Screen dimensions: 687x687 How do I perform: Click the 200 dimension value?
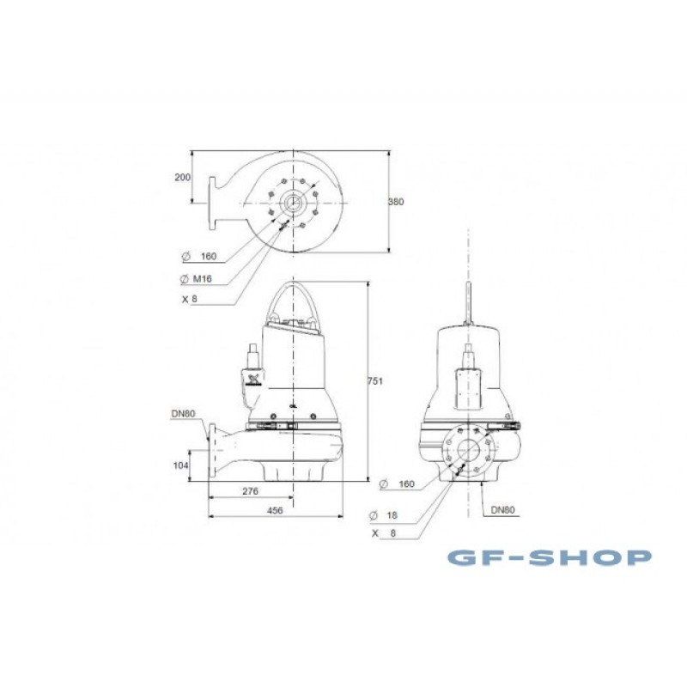[x=183, y=178]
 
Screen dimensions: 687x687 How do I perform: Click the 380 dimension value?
[x=396, y=202]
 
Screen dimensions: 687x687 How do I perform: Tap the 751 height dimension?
[x=375, y=381]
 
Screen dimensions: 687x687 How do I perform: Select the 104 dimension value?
[x=180, y=465]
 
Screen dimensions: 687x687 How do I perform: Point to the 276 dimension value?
[x=250, y=491]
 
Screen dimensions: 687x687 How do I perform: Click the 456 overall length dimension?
[x=275, y=510]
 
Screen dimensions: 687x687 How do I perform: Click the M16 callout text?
[x=202, y=278]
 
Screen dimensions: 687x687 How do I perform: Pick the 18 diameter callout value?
[x=392, y=515]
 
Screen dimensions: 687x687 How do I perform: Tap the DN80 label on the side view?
[x=183, y=414]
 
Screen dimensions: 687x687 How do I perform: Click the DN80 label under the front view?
[x=503, y=509]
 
